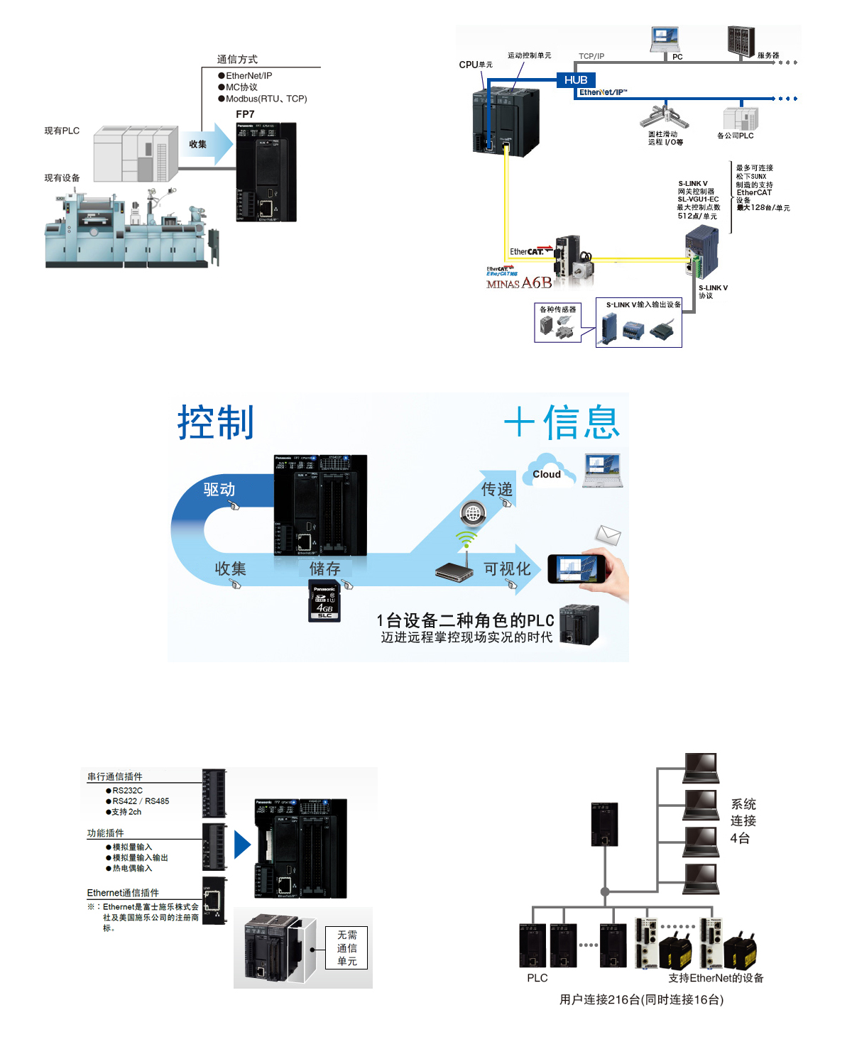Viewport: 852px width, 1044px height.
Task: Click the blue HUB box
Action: click(x=576, y=80)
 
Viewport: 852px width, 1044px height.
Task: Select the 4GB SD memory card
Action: click(x=324, y=601)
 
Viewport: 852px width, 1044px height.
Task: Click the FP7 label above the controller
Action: click(x=245, y=114)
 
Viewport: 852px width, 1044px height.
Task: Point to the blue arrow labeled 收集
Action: click(x=207, y=144)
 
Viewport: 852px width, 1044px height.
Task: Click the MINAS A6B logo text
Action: click(x=519, y=283)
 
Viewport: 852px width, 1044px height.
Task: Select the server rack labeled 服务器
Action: click(x=741, y=41)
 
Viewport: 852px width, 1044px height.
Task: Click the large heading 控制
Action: click(x=215, y=423)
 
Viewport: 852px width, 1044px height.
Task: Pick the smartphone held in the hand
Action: click(x=577, y=569)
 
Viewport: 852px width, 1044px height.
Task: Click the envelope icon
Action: click(x=608, y=534)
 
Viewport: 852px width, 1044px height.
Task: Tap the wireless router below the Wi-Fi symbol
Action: click(x=454, y=571)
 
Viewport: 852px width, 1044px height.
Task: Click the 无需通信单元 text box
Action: click(x=347, y=948)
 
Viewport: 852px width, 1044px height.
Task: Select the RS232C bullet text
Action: click(x=127, y=791)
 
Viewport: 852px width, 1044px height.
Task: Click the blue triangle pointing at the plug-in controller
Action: click(x=242, y=845)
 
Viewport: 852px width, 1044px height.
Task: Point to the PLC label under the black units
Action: click(x=537, y=978)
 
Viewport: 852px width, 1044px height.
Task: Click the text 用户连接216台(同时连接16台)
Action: click(x=641, y=1000)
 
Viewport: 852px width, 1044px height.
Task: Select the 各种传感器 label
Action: click(x=558, y=309)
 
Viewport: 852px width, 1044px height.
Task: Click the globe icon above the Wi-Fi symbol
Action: click(x=473, y=512)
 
